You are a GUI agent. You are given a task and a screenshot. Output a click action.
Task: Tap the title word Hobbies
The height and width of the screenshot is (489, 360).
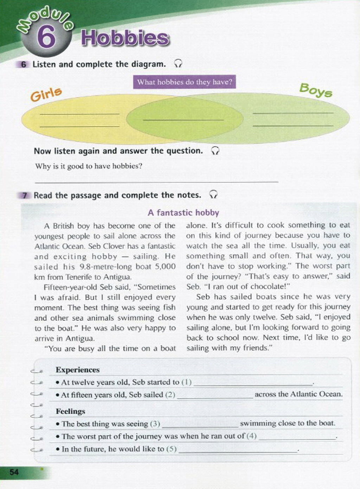click(125, 38)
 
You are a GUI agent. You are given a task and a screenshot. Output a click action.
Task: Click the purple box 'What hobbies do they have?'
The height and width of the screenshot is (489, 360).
click(185, 82)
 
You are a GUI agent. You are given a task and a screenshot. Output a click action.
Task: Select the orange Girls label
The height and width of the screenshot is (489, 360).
click(46, 94)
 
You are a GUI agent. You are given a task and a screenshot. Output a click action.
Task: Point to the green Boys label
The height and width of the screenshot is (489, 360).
click(315, 90)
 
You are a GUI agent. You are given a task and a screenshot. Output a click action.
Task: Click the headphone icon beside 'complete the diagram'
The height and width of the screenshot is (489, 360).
click(178, 64)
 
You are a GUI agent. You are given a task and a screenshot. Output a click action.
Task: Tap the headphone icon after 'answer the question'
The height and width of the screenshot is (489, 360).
click(215, 151)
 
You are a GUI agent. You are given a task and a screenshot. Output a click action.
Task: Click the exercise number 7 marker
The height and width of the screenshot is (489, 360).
click(24, 195)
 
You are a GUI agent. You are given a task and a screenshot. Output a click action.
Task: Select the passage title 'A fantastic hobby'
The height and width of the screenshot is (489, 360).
click(183, 212)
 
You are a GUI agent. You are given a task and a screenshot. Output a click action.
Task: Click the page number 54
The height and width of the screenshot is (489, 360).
click(14, 472)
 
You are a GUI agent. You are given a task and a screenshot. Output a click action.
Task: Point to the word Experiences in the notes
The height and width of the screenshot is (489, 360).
click(77, 370)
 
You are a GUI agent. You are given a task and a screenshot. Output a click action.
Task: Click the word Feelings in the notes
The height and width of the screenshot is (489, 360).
click(70, 411)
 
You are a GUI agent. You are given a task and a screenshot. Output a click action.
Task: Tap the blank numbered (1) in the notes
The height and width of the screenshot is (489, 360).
click(253, 383)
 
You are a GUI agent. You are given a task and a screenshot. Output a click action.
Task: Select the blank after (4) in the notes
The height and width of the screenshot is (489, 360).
click(297, 437)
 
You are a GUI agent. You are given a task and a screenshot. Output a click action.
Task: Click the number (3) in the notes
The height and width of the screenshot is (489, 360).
click(155, 424)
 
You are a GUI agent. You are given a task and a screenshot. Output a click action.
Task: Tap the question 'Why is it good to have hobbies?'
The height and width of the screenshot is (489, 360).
click(89, 166)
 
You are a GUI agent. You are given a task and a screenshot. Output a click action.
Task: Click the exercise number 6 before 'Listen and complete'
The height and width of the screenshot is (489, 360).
click(24, 64)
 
